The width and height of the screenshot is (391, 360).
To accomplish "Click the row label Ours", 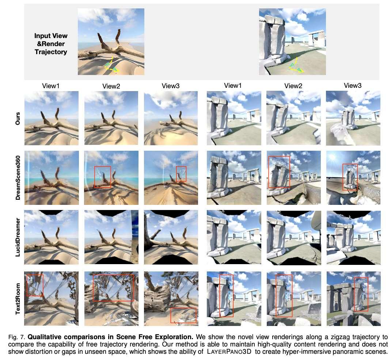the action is [18, 118].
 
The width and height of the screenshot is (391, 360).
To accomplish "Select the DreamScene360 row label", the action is [18, 178].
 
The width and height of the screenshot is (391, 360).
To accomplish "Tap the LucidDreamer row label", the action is [18, 237].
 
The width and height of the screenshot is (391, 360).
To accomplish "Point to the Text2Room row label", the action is [18, 299].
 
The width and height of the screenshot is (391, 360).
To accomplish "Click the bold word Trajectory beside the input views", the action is [51, 52].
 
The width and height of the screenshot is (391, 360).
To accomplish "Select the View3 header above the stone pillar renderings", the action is [353, 86].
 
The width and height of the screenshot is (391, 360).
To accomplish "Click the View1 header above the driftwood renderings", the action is [51, 86].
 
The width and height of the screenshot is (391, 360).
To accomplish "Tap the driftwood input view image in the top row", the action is [111, 42].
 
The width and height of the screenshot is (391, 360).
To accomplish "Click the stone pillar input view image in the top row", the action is [292, 42].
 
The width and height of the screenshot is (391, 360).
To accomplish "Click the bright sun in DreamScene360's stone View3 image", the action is [332, 158].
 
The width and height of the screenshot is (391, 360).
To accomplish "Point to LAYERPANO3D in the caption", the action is [229, 352].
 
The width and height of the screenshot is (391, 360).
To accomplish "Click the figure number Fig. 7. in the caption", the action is [17, 337].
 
